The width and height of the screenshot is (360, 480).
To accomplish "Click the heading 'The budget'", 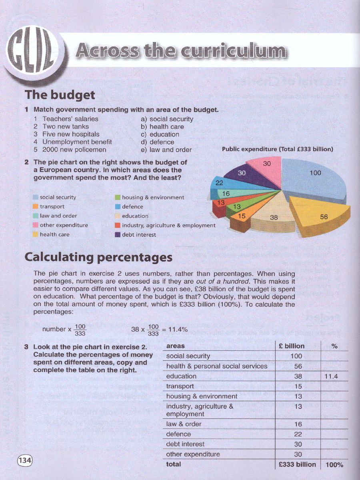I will coord(60,95).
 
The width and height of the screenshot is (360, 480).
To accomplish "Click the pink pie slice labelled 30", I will coord(266,166).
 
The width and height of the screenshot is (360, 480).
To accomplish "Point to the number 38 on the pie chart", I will coord(274,218).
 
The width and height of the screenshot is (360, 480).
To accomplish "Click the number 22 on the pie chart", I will coord(219,183).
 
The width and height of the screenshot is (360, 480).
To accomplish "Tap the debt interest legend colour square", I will coord(118,235).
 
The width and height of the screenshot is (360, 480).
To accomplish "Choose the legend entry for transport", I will coord(52,207).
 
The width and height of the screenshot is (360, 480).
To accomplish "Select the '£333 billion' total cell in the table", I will coord(298,464).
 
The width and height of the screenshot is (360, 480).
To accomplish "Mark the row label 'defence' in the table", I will coord(178,434).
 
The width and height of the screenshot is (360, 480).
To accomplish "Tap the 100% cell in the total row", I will coord(334,465).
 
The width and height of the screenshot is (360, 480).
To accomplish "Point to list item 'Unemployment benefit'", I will coord(77,142).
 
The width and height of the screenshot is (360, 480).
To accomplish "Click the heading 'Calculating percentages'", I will coord(98,257).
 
